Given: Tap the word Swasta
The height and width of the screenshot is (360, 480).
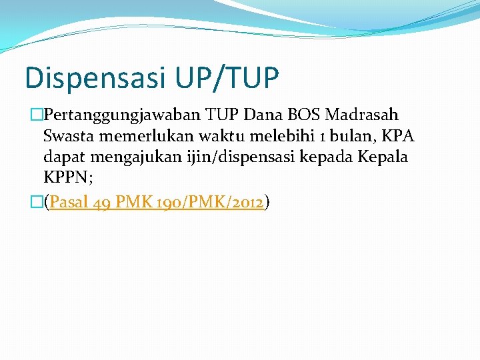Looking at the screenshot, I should [x=68, y=137].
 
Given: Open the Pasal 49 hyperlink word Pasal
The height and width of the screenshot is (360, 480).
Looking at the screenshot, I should [x=70, y=202].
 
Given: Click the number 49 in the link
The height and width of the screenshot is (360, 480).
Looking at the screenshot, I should [x=103, y=202].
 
